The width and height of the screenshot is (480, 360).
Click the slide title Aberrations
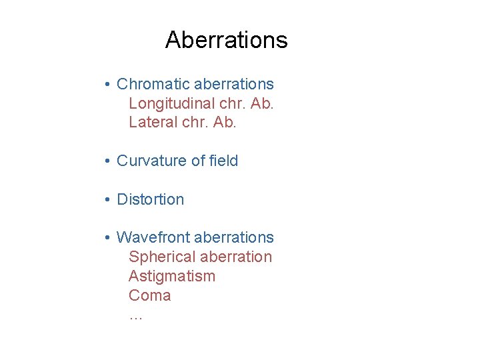click(226, 40)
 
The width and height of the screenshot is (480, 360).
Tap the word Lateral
click(149, 123)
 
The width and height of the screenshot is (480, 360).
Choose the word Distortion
click(150, 199)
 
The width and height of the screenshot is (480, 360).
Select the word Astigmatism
click(172, 276)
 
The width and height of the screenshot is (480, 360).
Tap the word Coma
click(149, 295)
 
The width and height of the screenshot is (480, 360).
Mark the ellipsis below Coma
click(135, 317)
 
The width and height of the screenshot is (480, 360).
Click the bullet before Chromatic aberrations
click(107, 85)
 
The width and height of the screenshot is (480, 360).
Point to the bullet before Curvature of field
click(107, 161)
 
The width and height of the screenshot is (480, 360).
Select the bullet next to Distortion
click(107, 200)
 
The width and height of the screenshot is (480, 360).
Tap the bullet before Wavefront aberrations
click(107, 238)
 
